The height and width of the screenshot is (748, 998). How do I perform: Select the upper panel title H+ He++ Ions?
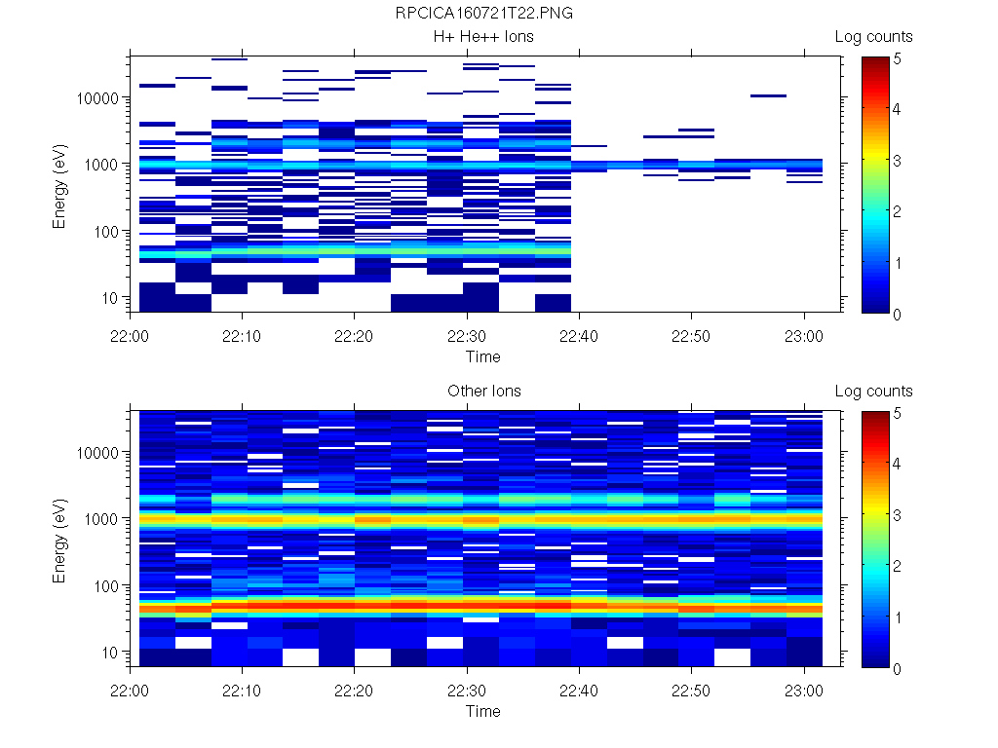tap(483, 37)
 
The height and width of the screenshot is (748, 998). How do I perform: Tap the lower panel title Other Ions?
tap(483, 392)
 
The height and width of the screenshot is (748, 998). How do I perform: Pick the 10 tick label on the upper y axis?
tap(111, 297)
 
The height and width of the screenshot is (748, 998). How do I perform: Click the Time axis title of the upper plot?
tap(483, 356)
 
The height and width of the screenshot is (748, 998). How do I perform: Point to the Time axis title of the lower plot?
tap(483, 711)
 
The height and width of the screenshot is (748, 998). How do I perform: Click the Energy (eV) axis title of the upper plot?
tap(60, 183)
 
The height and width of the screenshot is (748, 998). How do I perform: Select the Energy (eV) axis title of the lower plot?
tap(60, 538)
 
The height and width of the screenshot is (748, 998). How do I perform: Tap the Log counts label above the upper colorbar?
tap(873, 37)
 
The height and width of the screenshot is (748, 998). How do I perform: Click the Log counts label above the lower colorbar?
tap(873, 392)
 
